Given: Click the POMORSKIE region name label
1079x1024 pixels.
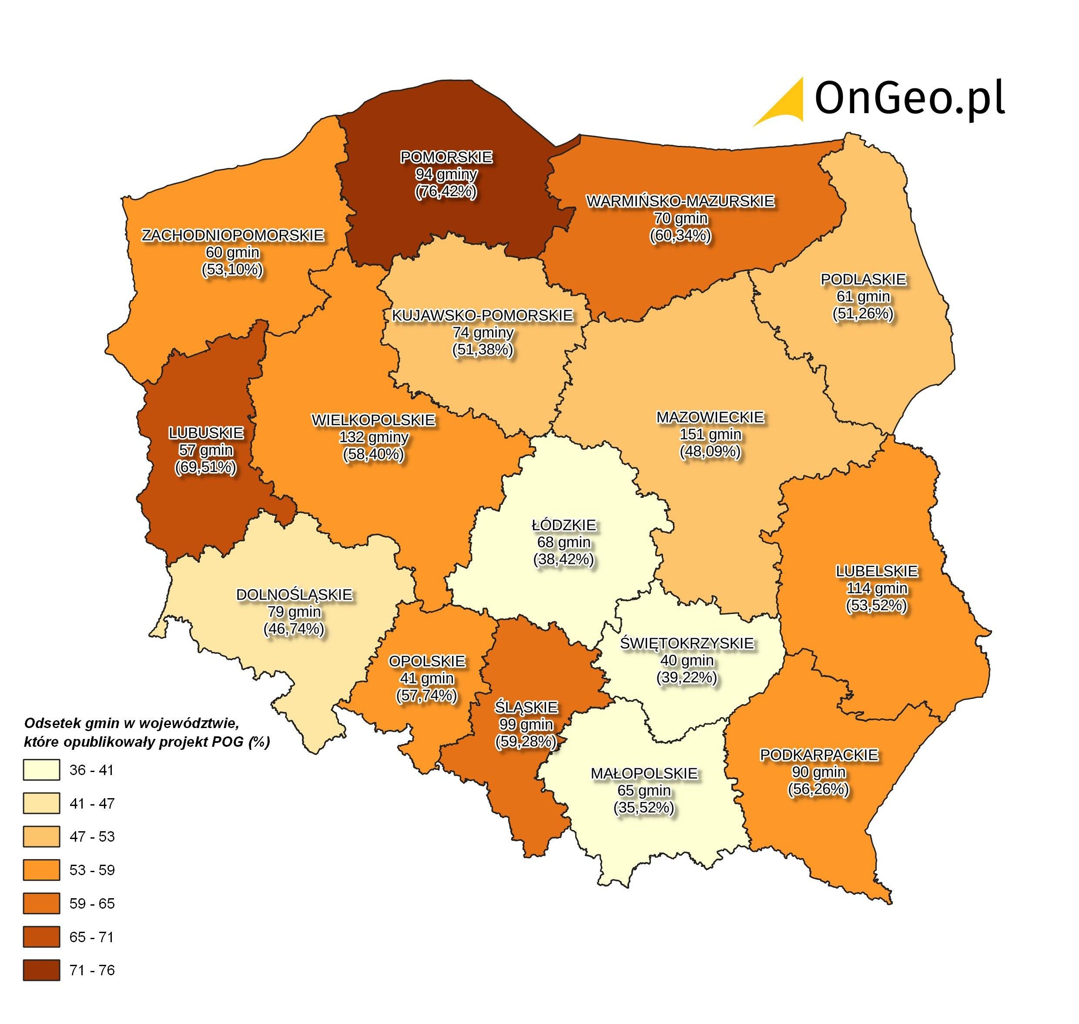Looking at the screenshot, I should coord(446,157).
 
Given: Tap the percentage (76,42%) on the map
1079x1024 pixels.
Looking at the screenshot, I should coord(446,191).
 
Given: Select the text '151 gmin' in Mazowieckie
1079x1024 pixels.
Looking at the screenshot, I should coord(710,434).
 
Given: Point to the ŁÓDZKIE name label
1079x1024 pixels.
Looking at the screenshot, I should coord(564,525).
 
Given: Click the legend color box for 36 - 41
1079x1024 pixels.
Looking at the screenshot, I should coord(41,770).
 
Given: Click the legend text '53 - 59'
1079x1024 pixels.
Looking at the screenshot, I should coord(92,870).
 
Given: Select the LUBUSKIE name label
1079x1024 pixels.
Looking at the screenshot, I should coord(206,433).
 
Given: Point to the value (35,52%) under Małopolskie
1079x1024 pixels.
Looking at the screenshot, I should coord(644,807).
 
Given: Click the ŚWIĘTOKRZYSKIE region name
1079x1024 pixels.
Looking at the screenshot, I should coord(687,643).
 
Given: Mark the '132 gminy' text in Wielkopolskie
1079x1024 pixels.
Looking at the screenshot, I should coord(373,437).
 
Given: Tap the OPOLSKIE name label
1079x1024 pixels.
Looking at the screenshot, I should coord(427,661).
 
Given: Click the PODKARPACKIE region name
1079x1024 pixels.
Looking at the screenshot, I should coord(819,755).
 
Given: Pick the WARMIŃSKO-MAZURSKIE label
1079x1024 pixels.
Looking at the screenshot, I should coord(680,201).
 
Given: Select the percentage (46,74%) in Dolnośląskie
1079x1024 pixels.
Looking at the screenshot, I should coord(294,629).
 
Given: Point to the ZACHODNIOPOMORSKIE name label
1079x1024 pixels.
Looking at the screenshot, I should coord(233,235).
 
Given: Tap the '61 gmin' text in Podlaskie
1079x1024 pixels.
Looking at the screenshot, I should coord(863,296).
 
